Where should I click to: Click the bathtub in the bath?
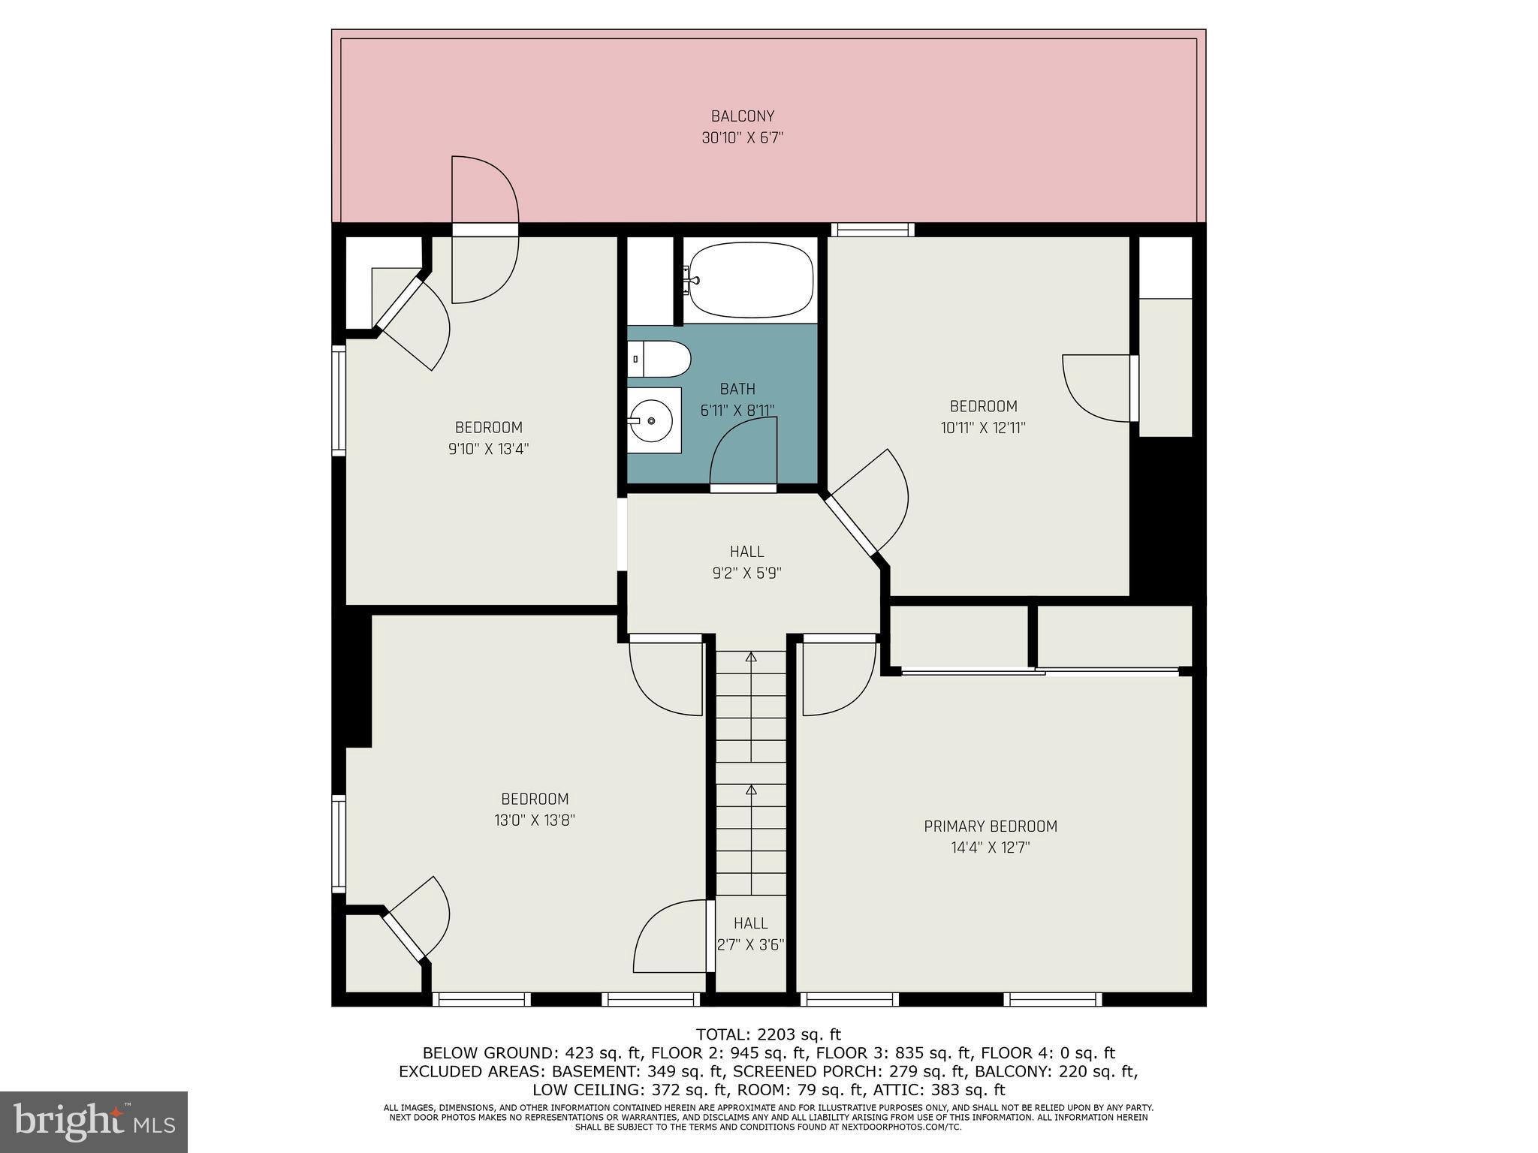click(751, 281)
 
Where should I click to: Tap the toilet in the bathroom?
click(661, 359)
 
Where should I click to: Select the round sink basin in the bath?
click(651, 421)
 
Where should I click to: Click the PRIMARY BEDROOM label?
click(990, 826)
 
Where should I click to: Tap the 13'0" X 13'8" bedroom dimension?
click(534, 820)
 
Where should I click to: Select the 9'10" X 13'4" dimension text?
click(488, 449)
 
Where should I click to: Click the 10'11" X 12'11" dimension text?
click(983, 428)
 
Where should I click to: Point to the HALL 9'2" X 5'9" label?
click(746, 562)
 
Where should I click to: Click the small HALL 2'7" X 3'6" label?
click(750, 934)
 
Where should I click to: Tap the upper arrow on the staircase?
click(750, 658)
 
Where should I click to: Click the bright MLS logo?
click(93, 1121)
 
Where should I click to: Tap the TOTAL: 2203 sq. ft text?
click(767, 1034)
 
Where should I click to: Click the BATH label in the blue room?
click(737, 389)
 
